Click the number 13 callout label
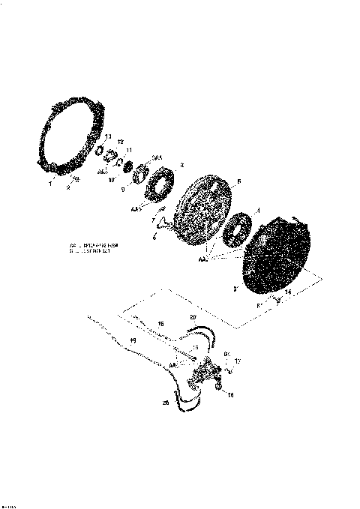[108, 136]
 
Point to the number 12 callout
[120, 142]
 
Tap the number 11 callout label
[128, 150]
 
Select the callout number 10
[111, 180]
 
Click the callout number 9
[122, 189]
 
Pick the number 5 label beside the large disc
[238, 181]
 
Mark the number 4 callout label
[259, 210]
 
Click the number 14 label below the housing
[288, 292]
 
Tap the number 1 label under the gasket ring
[50, 183]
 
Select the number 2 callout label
[67, 188]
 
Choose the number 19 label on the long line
[133, 342]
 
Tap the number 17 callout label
[237, 361]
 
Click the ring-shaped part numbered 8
[160, 187]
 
